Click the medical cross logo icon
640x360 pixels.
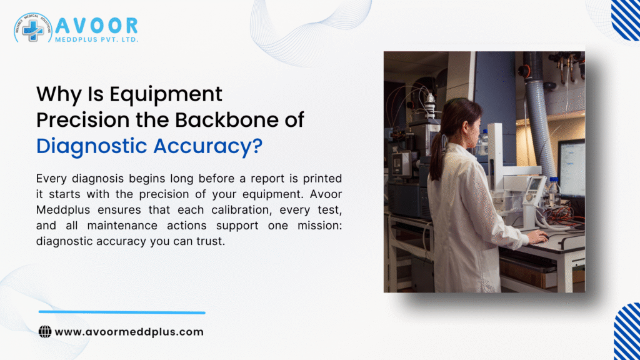[32, 29]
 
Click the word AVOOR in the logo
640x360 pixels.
[96, 26]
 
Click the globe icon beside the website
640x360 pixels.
[45, 332]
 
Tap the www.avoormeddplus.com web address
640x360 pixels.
[129, 332]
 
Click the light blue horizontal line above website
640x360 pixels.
[122, 312]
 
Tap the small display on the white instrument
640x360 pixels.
[536, 186]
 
